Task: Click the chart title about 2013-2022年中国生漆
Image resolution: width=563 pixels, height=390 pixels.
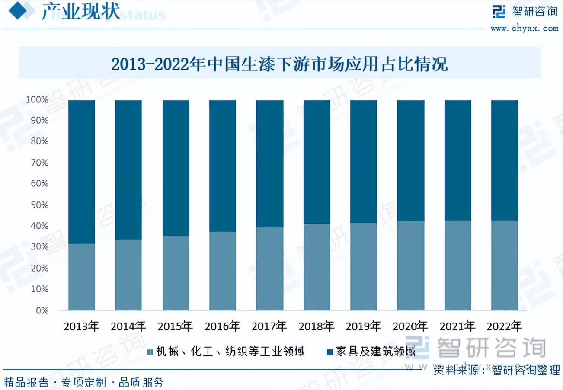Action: click(279, 64)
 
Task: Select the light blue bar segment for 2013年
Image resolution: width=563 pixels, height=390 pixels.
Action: click(82, 277)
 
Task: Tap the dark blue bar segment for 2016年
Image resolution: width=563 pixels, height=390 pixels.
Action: click(223, 166)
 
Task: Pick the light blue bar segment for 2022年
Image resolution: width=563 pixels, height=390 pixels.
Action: click(505, 265)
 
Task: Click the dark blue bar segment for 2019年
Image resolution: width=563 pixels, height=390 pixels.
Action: click(363, 162)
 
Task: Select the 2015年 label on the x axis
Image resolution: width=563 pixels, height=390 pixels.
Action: click(176, 326)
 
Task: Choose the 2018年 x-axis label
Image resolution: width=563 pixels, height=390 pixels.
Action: click(317, 326)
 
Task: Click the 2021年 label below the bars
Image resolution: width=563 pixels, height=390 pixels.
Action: click(457, 326)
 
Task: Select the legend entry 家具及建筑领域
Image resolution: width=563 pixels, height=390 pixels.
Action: click(371, 351)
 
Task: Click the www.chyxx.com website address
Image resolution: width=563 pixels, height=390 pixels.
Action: click(525, 28)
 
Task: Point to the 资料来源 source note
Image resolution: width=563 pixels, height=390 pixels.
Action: click(496, 370)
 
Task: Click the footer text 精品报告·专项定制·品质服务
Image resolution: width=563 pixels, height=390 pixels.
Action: click(84, 382)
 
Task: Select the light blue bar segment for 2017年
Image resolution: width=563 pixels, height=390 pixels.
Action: click(269, 269)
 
